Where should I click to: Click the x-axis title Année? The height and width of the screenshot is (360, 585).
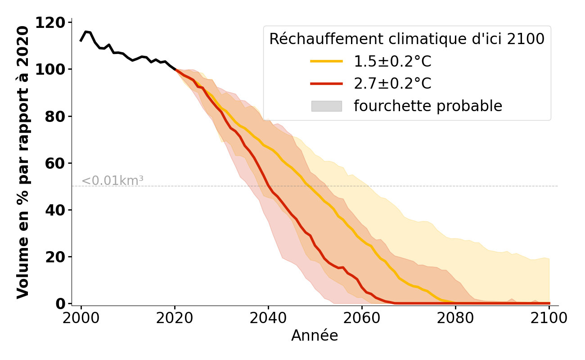tap(315, 336)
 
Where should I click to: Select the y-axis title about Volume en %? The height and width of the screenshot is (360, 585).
tap(23, 162)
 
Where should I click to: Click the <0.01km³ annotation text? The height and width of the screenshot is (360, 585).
tap(112, 181)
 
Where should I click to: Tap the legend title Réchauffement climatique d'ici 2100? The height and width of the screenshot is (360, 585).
tap(407, 39)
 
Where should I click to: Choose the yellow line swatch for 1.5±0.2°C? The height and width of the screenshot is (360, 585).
tap(327, 61)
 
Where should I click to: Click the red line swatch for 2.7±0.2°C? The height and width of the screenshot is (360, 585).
tap(327, 84)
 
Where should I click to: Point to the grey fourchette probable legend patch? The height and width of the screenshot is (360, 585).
tap(327, 106)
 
